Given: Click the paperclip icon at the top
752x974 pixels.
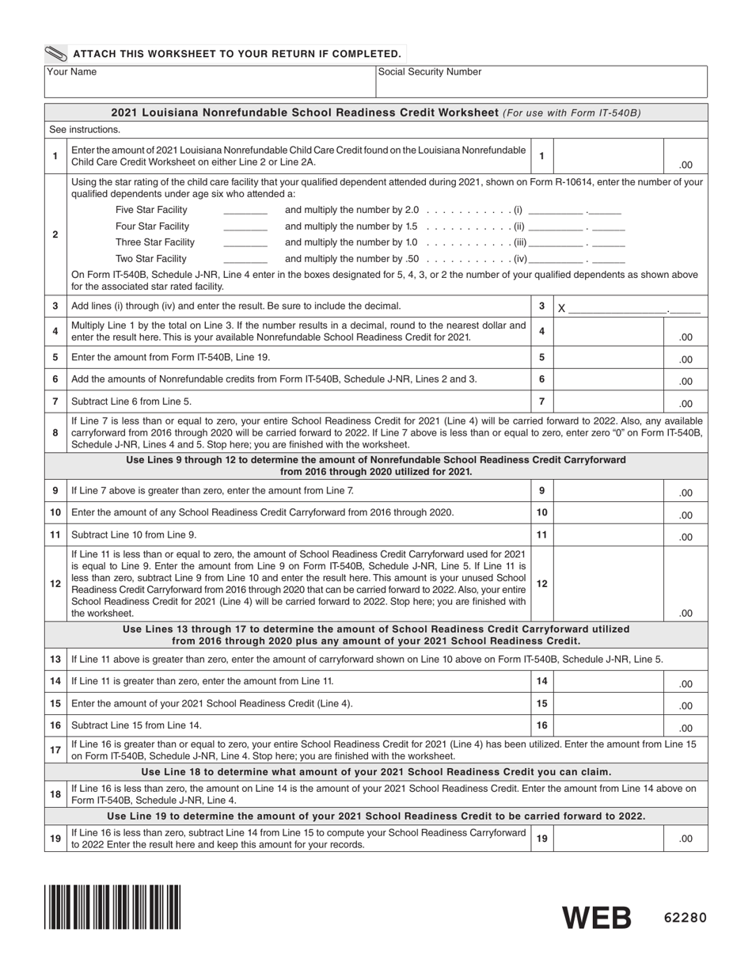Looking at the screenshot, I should [x=57, y=54].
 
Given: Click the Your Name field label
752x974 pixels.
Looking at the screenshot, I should [x=72, y=72].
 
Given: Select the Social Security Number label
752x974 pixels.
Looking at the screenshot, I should [x=430, y=72].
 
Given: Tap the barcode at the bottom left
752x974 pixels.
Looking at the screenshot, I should [x=112, y=906].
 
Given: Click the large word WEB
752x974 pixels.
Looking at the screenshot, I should [x=597, y=918].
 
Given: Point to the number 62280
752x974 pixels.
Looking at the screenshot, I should [x=685, y=919].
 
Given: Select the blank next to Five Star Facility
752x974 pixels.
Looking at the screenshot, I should [x=245, y=211].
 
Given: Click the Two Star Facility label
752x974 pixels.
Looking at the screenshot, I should [x=151, y=259].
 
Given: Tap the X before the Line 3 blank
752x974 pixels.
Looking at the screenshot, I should [x=561, y=309].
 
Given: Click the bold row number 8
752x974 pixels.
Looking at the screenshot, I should [x=55, y=433].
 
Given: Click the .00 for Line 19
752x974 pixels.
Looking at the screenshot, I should [x=686, y=839].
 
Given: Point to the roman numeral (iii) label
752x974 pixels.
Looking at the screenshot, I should [x=520, y=243].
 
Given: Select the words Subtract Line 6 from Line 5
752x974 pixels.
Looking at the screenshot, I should [x=131, y=402].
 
